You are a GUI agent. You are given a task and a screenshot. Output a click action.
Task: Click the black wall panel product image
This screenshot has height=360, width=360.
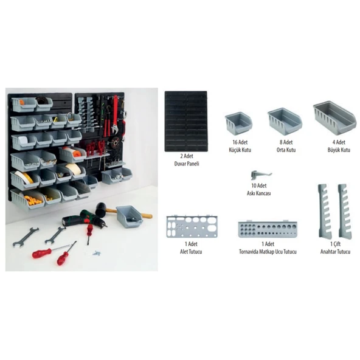[186, 121]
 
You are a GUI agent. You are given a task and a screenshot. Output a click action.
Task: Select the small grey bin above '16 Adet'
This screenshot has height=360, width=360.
[238, 123]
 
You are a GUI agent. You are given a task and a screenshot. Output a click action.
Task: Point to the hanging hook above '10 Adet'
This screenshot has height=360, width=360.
[261, 175]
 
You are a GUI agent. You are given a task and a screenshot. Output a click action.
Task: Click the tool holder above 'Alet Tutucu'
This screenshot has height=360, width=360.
[192, 227]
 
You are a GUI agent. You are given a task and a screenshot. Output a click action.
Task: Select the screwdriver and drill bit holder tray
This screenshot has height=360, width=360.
[268, 229]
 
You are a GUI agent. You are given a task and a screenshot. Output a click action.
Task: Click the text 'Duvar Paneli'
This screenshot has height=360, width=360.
[187, 164]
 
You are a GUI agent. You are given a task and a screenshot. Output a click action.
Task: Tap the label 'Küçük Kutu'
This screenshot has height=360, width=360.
[240, 150]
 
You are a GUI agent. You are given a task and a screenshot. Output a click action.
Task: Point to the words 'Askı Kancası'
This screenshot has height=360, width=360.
[259, 193]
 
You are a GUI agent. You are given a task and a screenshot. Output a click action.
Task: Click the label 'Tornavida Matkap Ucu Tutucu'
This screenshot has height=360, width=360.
[268, 252]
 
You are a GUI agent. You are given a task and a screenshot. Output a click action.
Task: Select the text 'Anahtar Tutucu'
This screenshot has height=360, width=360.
[336, 252]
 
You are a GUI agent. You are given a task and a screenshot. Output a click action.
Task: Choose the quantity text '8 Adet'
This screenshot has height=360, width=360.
[286, 142]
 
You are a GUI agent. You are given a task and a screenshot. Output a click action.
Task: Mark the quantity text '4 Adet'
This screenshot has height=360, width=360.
[339, 142]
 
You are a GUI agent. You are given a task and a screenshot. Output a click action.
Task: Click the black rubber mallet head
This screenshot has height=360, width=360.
[102, 209]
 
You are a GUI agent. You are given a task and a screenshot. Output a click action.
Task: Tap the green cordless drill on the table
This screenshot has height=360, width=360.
[84, 219]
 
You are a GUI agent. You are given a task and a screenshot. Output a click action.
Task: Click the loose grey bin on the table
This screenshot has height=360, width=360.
[130, 216]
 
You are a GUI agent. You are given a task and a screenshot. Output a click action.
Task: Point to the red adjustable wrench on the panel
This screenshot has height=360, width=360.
[115, 115]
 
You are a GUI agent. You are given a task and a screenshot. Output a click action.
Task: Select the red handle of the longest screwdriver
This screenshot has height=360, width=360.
[41, 254]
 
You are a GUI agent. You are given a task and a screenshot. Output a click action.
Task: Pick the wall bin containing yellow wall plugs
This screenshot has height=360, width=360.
[27, 199]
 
